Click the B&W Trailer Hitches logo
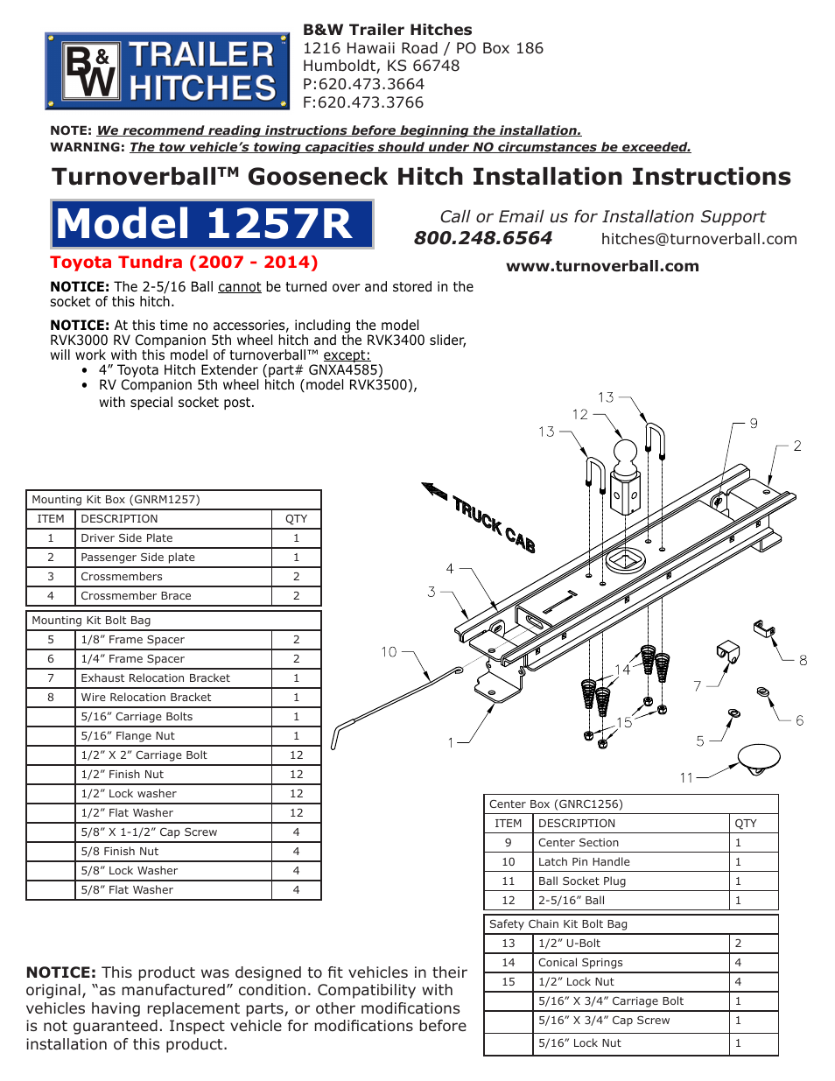(x=167, y=71)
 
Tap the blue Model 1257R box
(x=212, y=224)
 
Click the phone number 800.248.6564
(x=482, y=238)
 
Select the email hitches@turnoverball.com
(x=698, y=239)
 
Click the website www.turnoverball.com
(x=602, y=266)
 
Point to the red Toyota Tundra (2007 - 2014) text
(x=184, y=263)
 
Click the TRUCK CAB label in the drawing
(x=493, y=523)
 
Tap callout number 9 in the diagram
(x=753, y=424)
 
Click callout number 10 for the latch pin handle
(x=389, y=652)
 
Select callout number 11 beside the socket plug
(x=686, y=777)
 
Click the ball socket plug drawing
(x=758, y=758)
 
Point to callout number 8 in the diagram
(x=803, y=661)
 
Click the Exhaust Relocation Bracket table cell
(x=155, y=678)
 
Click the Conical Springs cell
(x=580, y=963)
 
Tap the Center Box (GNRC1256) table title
(x=556, y=804)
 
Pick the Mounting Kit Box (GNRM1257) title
(x=116, y=500)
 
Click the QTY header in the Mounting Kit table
(x=296, y=519)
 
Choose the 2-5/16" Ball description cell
(x=571, y=901)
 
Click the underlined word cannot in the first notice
(x=239, y=287)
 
